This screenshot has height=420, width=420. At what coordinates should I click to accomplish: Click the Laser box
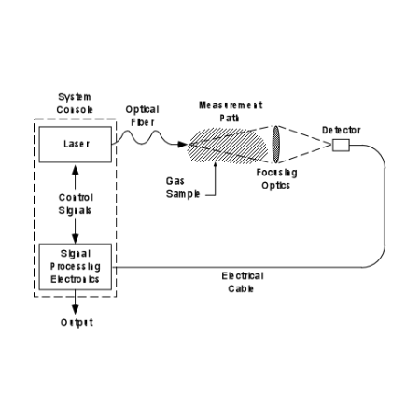[x=76, y=145]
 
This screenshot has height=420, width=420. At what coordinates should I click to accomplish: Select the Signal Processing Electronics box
[x=76, y=267]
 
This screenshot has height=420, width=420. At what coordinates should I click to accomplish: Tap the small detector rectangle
[x=341, y=146]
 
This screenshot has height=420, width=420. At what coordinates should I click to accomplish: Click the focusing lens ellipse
[x=275, y=145]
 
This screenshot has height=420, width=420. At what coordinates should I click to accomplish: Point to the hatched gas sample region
[x=227, y=146]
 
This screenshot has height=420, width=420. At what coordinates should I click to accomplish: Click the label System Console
[x=75, y=104]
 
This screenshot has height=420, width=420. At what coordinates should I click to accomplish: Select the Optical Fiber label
[x=143, y=116]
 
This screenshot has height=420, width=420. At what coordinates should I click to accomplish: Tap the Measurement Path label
[x=231, y=111]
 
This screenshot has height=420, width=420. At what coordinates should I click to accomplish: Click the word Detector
[x=342, y=130]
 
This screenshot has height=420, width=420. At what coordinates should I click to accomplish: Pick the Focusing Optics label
[x=276, y=179]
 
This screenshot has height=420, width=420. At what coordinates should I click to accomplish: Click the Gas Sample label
[x=183, y=188]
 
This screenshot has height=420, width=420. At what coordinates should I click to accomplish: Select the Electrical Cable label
[x=243, y=282]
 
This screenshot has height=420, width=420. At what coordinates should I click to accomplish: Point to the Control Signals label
[x=76, y=203]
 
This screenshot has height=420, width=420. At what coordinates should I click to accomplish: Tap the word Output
[x=77, y=322]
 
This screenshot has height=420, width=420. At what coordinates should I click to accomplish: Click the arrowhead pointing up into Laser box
[x=76, y=170]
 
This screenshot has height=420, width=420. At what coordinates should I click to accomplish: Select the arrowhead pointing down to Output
[x=76, y=309]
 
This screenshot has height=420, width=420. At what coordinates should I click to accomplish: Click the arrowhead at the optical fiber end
[x=182, y=145]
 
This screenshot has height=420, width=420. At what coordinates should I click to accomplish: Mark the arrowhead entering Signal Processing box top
[x=76, y=239]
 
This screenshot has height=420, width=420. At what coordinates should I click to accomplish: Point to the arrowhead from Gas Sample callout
[x=215, y=164]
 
